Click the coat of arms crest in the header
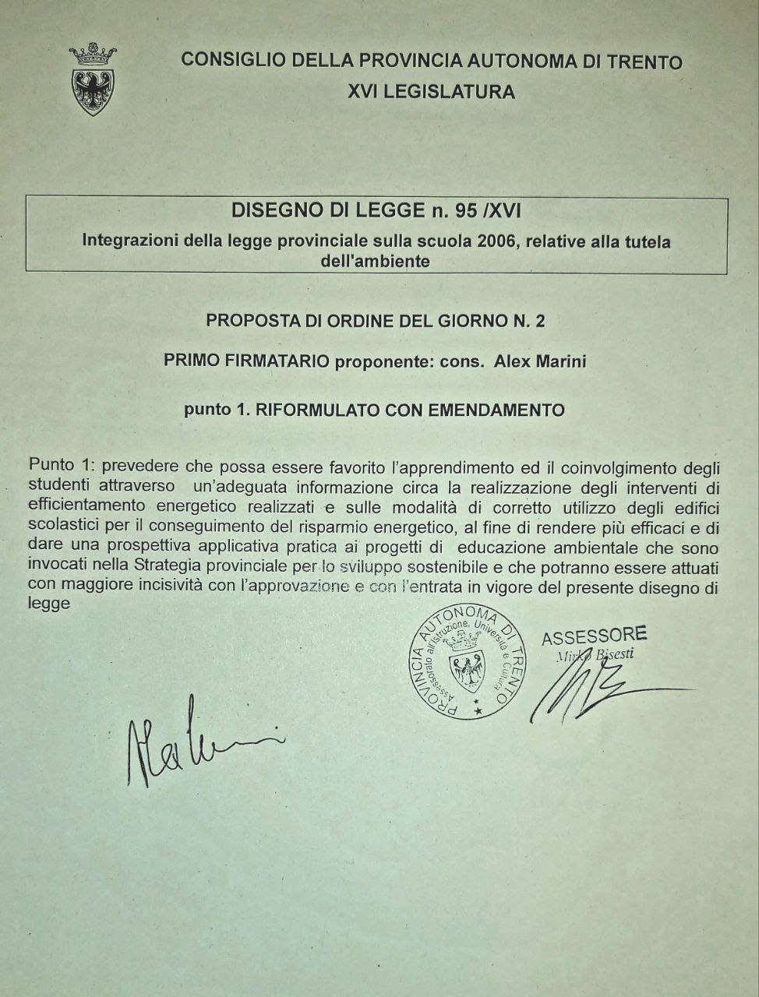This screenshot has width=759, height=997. [x=93, y=81]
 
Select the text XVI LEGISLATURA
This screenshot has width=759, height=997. [x=431, y=92]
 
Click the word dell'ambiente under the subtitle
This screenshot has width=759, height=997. [x=375, y=262]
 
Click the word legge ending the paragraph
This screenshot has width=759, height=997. [x=49, y=604]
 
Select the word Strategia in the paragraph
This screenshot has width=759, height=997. [x=171, y=565]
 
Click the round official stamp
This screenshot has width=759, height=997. [x=467, y=661]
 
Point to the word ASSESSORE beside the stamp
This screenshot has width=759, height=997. [x=594, y=636]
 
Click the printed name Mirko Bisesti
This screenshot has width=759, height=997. [x=594, y=655]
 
